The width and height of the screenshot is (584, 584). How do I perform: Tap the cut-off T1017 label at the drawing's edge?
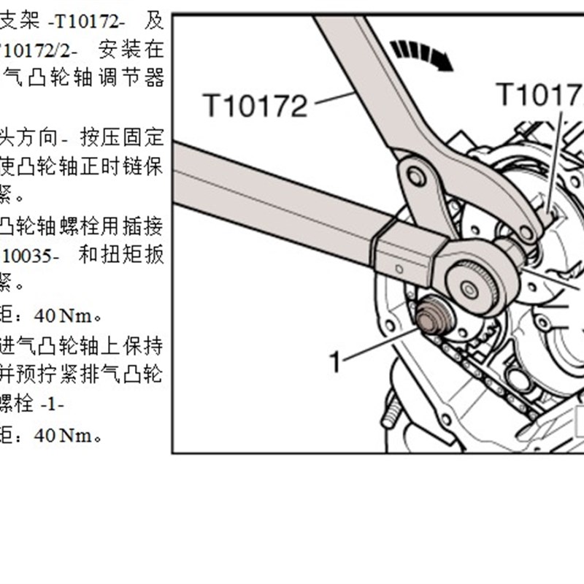tap(539, 94)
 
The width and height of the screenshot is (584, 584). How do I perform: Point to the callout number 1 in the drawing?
tap(335, 361)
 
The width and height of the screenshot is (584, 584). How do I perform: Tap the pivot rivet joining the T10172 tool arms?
tap(417, 176)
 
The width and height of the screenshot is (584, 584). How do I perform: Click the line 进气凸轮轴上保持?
tap(82, 344)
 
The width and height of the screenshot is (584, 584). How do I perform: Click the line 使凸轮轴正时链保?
tap(82, 167)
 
